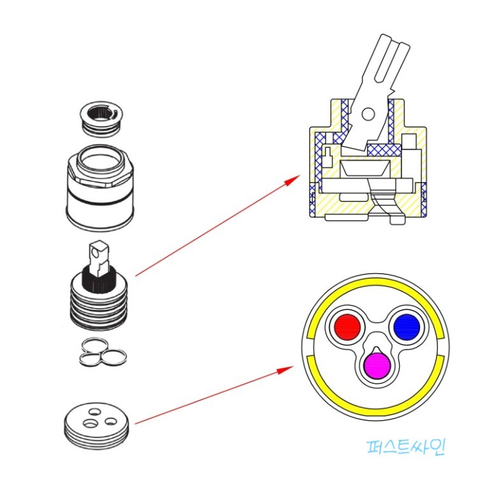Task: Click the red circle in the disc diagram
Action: coord(348,327)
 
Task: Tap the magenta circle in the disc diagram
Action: coord(376,365)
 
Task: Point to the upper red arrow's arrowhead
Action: coord(293,179)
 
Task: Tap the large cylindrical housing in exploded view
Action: coord(101,191)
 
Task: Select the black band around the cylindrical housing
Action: coord(101,200)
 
